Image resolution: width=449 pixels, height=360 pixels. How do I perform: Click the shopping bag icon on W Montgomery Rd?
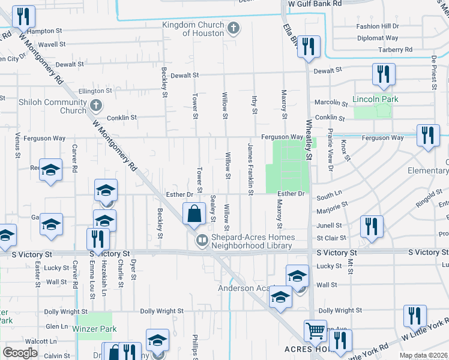194,214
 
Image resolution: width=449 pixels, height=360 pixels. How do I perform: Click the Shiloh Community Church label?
53,106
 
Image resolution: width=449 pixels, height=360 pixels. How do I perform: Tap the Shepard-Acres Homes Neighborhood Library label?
252,241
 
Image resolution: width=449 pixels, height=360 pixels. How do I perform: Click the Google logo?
20,353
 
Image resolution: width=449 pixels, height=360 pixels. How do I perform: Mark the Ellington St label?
95,91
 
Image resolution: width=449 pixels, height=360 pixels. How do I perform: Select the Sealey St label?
213,208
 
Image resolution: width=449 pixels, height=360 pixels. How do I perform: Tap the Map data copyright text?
423,355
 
